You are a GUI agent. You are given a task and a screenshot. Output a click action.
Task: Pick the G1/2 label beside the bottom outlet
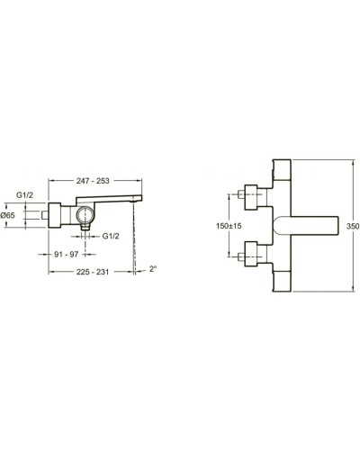coord(112,235)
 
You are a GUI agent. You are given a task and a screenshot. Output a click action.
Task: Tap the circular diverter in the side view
coord(85,215)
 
